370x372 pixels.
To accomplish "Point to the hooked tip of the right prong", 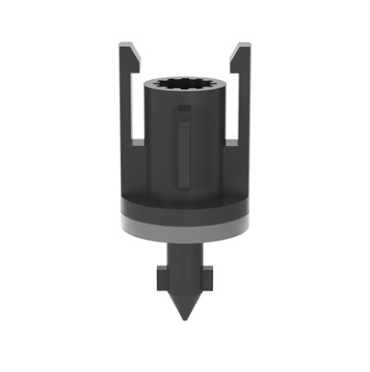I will click(x=238, y=48).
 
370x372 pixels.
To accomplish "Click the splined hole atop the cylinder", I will click(x=185, y=84).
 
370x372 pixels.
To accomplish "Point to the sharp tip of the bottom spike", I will click(x=185, y=317).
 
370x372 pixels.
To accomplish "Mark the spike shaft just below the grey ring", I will click(x=185, y=253).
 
